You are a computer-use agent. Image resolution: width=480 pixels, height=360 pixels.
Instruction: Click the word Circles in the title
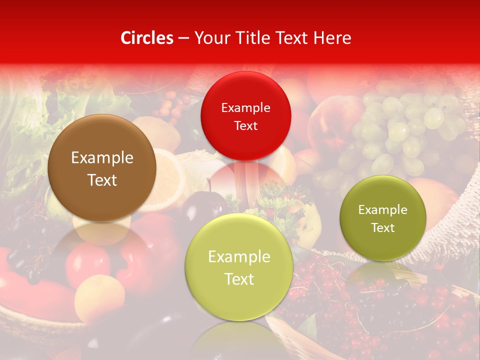coord(147,38)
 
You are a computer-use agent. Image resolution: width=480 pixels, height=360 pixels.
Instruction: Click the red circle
coord(245,116)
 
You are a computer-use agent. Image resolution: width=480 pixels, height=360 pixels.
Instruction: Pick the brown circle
coord(102,168)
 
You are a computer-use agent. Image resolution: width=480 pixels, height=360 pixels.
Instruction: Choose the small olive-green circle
coord(382,218)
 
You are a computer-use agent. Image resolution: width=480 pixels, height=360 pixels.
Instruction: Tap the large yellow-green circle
coord(239,267)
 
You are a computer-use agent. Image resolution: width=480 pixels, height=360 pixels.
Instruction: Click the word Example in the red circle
coord(245,107)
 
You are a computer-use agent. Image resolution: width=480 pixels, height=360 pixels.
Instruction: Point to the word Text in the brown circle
coord(102,180)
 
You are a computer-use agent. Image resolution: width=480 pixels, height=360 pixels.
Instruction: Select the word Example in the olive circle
coord(382,210)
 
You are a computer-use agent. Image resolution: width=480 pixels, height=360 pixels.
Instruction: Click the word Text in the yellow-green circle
coord(239,279)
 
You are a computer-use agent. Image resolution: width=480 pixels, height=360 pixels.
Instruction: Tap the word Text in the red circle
coord(245,125)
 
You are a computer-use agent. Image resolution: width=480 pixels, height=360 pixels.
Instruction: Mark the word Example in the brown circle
coord(102,158)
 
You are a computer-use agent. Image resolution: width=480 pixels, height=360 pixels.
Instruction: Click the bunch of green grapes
coord(400,130)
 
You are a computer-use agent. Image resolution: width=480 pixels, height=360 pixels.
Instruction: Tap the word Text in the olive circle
coord(382,228)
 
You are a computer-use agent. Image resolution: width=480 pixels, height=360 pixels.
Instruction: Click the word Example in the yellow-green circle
coord(239,257)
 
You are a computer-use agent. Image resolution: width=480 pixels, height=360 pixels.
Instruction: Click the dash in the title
coord(183,38)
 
